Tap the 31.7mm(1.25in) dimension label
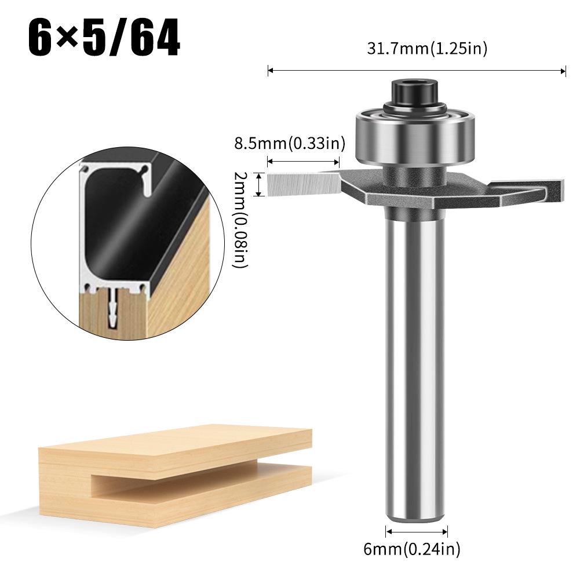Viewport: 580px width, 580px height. point(427,49)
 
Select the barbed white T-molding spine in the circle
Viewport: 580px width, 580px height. point(112,307)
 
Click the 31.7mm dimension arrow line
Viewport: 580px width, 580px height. point(417,71)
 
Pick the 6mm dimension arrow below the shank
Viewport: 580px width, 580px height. point(417,530)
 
